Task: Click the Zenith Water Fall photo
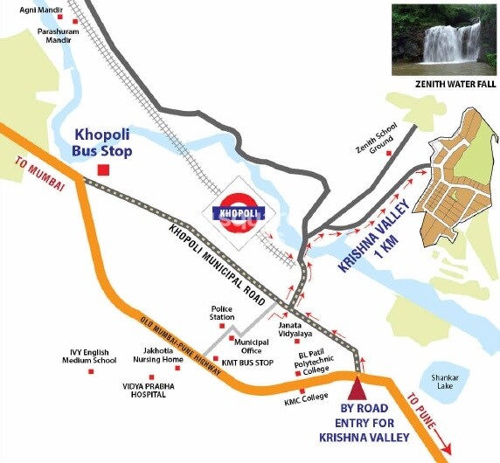(443, 38)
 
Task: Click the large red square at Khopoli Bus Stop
(102, 170)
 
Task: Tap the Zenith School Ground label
(371, 134)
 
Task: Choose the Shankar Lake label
(436, 381)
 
